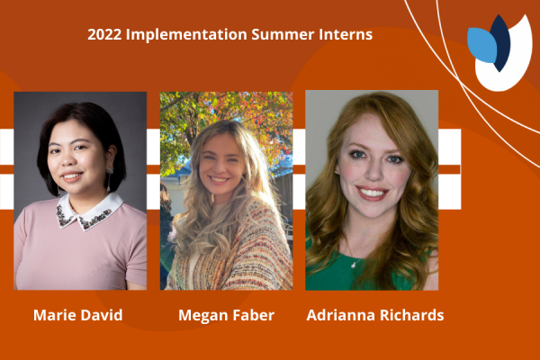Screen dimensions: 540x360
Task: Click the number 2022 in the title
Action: (x=104, y=34)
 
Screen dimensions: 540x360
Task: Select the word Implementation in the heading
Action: (x=186, y=35)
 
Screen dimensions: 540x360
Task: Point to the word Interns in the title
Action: (x=346, y=34)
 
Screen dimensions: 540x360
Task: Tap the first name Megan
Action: (x=202, y=316)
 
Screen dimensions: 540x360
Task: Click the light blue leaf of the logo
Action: (x=481, y=45)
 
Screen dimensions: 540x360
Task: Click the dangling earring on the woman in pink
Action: (x=109, y=179)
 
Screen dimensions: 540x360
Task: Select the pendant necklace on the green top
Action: (x=354, y=265)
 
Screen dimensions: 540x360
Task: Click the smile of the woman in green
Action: (x=372, y=193)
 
